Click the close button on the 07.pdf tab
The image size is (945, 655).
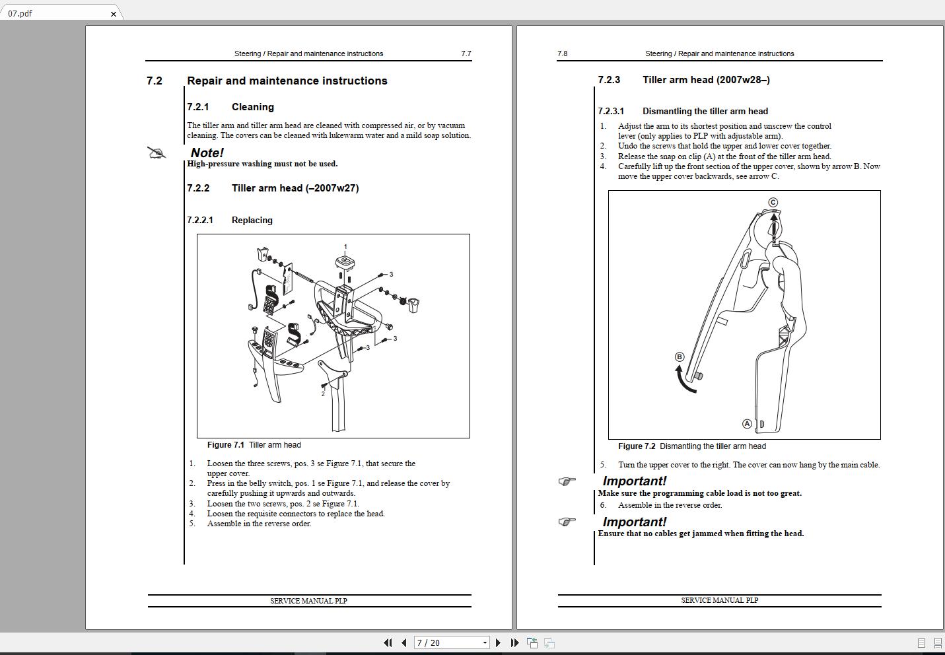coord(114,14)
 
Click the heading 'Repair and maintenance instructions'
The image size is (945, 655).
coord(287,81)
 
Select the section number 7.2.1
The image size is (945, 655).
coord(197,107)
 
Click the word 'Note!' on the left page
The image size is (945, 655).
coord(207,153)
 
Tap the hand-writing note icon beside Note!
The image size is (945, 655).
coord(157,154)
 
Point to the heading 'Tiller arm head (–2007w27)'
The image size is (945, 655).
coord(295,188)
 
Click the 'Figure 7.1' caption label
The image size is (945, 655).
coord(225,445)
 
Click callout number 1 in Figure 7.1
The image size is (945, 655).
coord(345,247)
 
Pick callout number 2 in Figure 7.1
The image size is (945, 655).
coord(323,394)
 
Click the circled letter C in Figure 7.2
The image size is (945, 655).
coord(773,202)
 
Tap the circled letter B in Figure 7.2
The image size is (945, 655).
coord(680,357)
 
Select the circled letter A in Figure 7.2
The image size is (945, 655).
coord(747,424)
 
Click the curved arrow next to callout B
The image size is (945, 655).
coord(684,381)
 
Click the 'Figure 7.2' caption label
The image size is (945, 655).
coord(637,446)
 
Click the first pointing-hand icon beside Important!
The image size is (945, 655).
coord(567,481)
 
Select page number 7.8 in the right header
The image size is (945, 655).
coord(562,53)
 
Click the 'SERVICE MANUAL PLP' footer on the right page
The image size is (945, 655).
coord(719,600)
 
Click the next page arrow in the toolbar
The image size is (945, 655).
coord(498,642)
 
